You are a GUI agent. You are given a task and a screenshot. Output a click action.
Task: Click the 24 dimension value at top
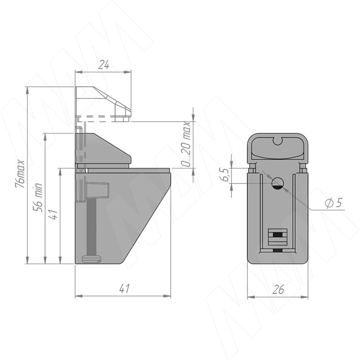(x=103, y=65)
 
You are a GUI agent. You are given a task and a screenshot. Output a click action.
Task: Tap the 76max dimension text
(x=20, y=174)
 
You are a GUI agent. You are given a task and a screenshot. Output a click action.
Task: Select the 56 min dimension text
(x=38, y=198)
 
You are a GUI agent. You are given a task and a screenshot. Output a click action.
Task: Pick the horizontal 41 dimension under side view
(x=124, y=289)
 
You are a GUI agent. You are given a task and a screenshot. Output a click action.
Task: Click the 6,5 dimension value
(x=226, y=175)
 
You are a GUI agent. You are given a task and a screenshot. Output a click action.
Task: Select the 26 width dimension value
(x=278, y=289)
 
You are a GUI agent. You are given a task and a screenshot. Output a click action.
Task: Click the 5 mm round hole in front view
(x=278, y=183)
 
